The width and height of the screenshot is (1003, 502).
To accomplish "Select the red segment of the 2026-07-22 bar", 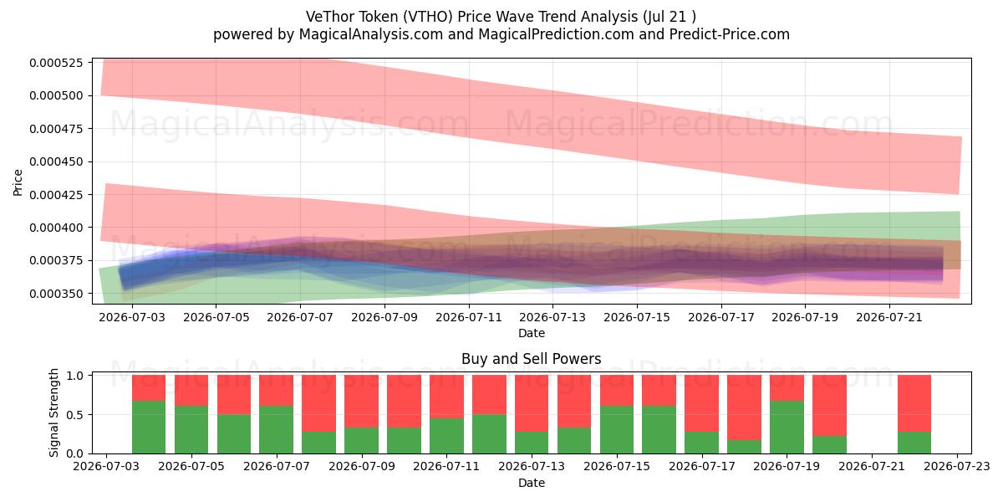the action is coord(914,403).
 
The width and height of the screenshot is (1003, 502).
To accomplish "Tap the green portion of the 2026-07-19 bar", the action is coord(787,428).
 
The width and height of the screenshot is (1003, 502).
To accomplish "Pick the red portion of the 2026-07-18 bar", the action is coord(744,407).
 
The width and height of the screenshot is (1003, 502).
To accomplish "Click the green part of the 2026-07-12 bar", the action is coord(489,434).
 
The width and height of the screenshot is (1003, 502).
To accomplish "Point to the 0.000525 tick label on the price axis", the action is coord(57,63).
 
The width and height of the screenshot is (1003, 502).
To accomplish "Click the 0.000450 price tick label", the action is coord(57,161).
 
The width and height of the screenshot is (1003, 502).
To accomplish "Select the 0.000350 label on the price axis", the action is coord(57,294).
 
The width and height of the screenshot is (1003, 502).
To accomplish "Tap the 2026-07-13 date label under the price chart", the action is coord(552,318).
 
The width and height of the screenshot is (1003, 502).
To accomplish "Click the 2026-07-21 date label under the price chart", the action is coord(889,318).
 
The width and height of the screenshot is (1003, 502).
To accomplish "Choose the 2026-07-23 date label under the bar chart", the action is coord(957,467).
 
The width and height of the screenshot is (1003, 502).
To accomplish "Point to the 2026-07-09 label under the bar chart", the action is coord(362,467).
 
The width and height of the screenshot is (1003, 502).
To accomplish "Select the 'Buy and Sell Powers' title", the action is coord(532,359).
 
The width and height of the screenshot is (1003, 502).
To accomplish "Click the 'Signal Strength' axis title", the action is coord(53,412).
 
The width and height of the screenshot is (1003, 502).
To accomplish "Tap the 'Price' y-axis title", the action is coord(18,182).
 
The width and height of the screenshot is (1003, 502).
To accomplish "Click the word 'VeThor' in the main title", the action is coord(329,17).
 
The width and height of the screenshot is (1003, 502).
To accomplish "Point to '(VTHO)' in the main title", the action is coord(428,17).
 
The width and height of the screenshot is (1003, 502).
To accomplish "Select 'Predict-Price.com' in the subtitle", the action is coord(730,34).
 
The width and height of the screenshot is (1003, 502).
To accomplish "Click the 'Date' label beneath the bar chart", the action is coord(532,484).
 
